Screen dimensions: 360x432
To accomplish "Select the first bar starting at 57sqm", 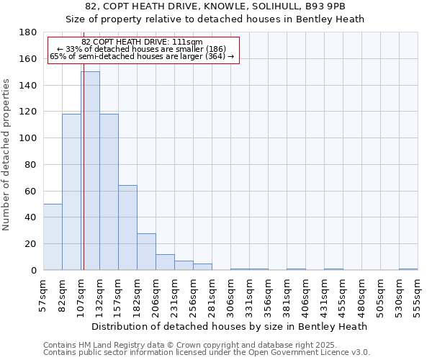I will (53, 237).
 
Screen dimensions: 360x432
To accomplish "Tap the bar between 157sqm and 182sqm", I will (127, 228).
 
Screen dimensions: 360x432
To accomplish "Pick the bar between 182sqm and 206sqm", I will (146, 251).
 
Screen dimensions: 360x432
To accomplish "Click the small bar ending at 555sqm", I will (408, 269).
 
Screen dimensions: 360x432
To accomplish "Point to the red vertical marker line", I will (84, 180).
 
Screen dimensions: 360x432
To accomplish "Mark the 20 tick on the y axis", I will (32, 244).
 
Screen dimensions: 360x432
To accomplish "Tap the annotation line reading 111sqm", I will (143, 42).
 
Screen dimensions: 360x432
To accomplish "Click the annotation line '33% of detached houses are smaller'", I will (143, 49).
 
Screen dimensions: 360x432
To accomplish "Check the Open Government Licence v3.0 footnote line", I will (207, 352).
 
